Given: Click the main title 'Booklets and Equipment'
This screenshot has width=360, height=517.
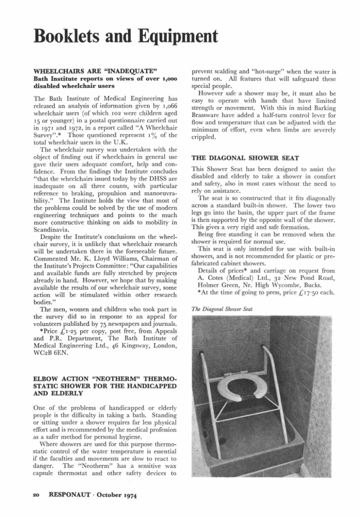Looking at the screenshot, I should (x=125, y=36).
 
